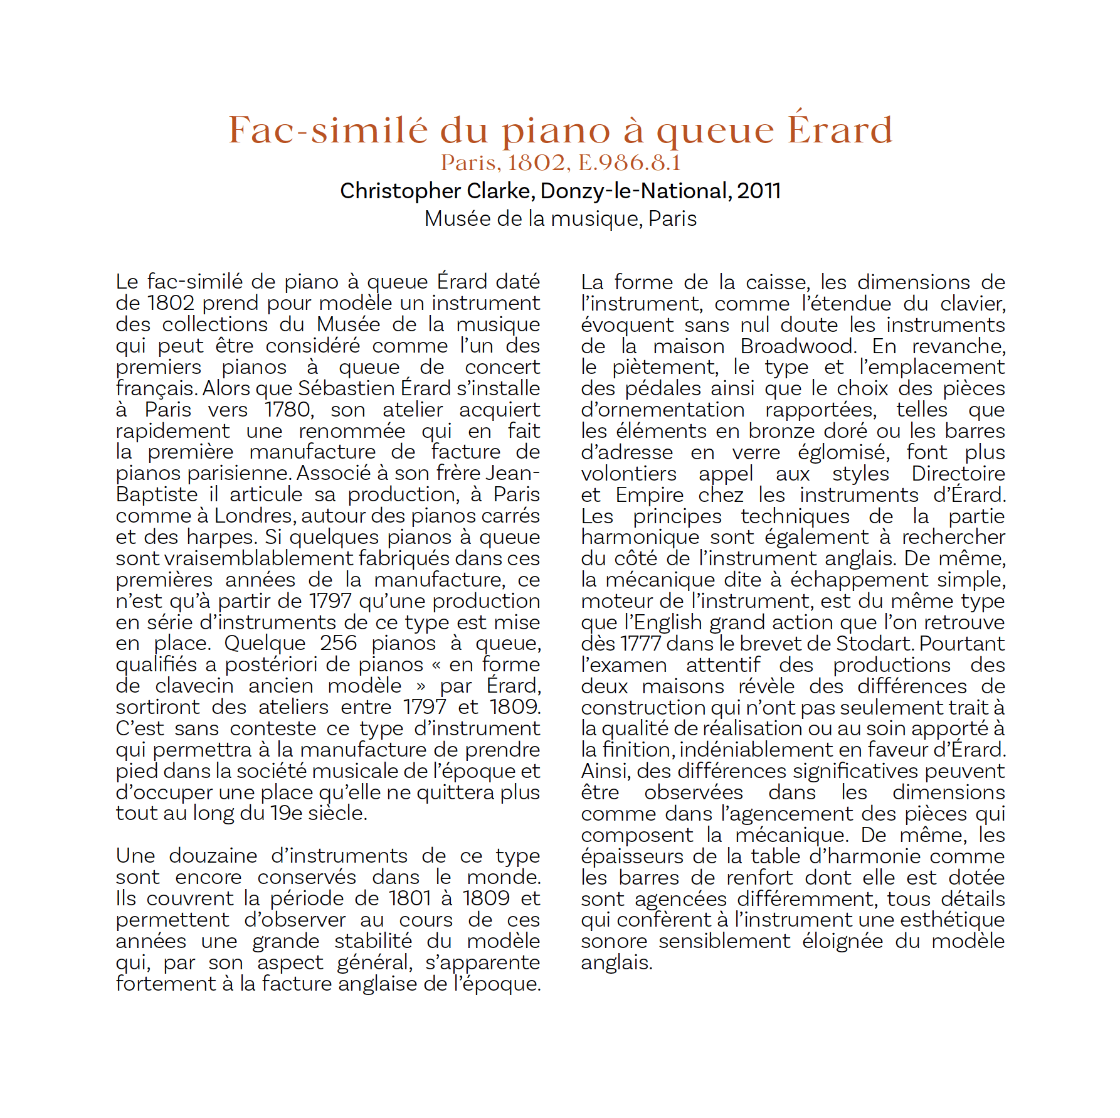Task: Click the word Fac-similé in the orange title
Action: pyautogui.click(x=328, y=130)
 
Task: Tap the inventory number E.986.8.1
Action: pyautogui.click(x=629, y=163)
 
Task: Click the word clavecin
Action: pyautogui.click(x=194, y=686)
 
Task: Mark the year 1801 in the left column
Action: pyautogui.click(x=411, y=898)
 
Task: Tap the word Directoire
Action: pyautogui.click(x=958, y=474)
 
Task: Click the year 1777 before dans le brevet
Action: pyautogui.click(x=640, y=644)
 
